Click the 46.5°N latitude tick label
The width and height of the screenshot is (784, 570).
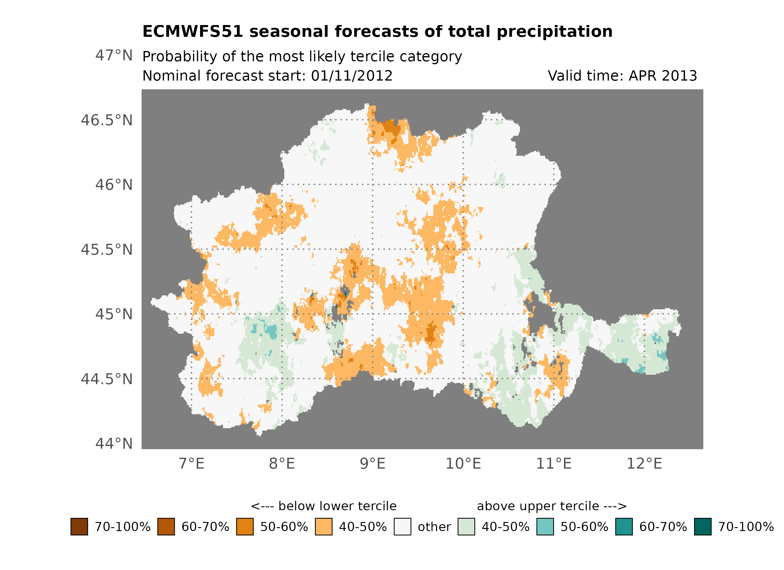[107, 120]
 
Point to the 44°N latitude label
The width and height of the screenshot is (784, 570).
[114, 444]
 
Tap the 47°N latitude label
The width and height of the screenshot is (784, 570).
[114, 55]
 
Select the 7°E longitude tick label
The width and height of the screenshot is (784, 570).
[192, 463]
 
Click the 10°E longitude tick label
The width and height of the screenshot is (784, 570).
[463, 463]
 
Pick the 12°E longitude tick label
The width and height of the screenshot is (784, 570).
[644, 463]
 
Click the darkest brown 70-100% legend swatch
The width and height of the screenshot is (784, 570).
[79, 527]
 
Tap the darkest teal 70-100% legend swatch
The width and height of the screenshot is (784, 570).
[703, 527]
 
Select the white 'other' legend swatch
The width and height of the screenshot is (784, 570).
[402, 527]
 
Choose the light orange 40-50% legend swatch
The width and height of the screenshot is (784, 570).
[323, 527]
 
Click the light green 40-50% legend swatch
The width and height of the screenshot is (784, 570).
[466, 527]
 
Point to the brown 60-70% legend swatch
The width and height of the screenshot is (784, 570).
[166, 527]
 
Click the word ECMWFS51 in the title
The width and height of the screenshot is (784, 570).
[193, 32]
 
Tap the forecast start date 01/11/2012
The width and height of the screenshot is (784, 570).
[352, 76]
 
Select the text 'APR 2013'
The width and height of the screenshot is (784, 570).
[662, 76]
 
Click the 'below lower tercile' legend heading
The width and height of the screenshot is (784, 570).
[323, 506]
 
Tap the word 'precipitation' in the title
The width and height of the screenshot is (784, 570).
[554, 32]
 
